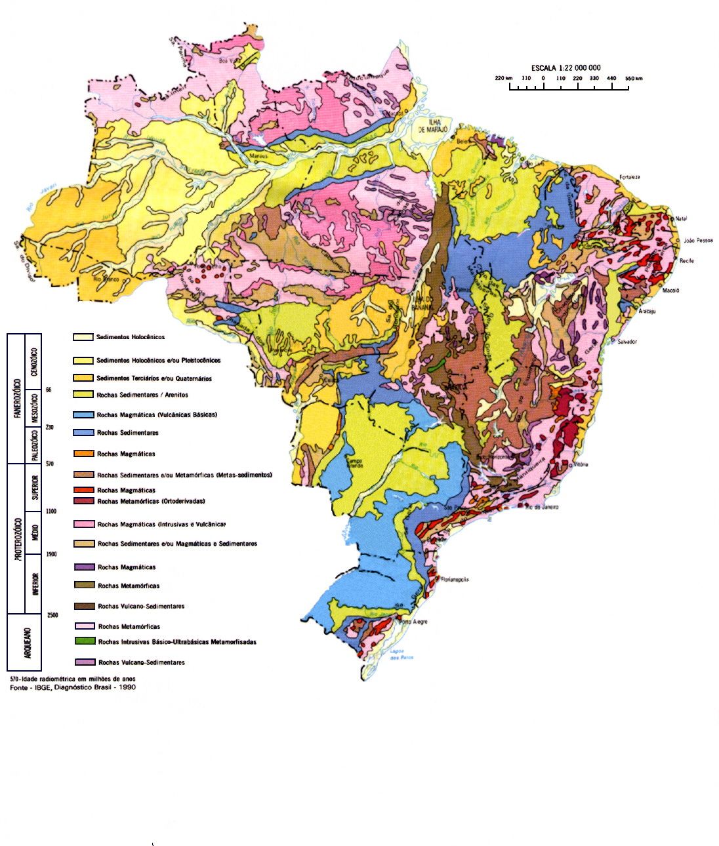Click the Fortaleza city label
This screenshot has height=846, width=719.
coord(629,178)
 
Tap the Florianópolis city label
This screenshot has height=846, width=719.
coord(455,580)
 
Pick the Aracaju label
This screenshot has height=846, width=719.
coord(647,312)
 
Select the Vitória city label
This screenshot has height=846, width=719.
coord(581,464)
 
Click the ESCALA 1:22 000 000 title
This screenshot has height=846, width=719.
coord(565,68)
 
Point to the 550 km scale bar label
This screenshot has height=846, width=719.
coord(633,79)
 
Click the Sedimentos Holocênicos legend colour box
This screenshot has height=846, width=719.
coord(83,337)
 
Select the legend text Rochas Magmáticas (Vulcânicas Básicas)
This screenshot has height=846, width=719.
coord(157,415)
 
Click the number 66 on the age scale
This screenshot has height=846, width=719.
coord(49,390)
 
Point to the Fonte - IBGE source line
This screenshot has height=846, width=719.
coord(72,688)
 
